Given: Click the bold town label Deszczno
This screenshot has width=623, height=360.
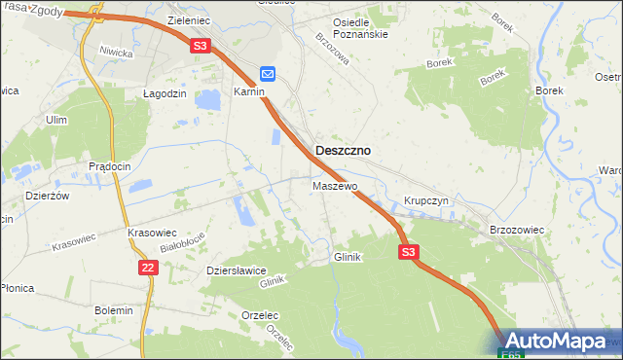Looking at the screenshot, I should point(343,152).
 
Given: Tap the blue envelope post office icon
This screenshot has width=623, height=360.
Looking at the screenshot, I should point(268,74).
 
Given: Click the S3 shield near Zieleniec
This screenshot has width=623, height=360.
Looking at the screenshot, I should point(200,46).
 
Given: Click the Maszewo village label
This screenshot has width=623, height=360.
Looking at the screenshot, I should point(335,185).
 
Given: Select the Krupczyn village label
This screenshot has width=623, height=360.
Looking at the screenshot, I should point(424,201).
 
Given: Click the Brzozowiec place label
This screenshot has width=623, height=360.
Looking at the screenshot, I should point(516,230).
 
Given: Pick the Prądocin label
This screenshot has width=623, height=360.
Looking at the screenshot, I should point(110,167).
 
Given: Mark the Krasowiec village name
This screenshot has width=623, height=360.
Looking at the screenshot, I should point(151,234).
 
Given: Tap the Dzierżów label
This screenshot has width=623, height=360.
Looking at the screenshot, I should point(49,195).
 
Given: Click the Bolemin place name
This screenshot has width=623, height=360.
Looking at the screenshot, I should point(113,310).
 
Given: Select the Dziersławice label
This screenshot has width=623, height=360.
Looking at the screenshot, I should point(236,271).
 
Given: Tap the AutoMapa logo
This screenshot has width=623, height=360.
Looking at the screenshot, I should point(559,342).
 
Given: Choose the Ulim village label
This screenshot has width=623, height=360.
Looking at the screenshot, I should point(55,120).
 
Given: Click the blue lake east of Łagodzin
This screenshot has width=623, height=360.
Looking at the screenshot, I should point(207,99).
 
